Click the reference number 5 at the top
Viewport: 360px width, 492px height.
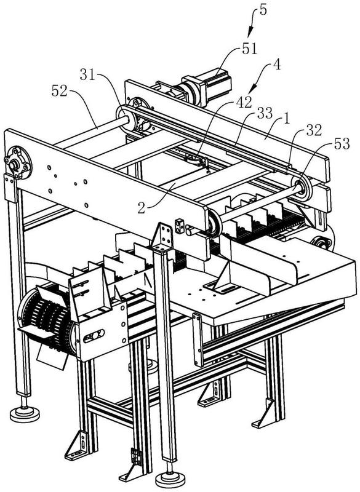click(263, 10)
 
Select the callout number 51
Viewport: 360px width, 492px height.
click(249, 49)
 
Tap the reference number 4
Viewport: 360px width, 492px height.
click(276, 65)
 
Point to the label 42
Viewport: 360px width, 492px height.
click(244, 102)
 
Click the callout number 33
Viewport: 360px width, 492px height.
click(265, 114)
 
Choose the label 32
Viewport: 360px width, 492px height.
click(314, 131)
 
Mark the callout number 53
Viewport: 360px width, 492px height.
click(342, 144)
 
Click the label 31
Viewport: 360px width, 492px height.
click(87, 75)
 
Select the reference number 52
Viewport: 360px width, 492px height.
click(59, 91)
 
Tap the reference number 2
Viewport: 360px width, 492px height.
click(142, 208)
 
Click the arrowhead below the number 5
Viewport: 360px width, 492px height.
click(250, 33)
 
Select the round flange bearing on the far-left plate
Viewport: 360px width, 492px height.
click(18, 164)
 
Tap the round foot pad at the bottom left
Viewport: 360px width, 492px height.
click(25, 413)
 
